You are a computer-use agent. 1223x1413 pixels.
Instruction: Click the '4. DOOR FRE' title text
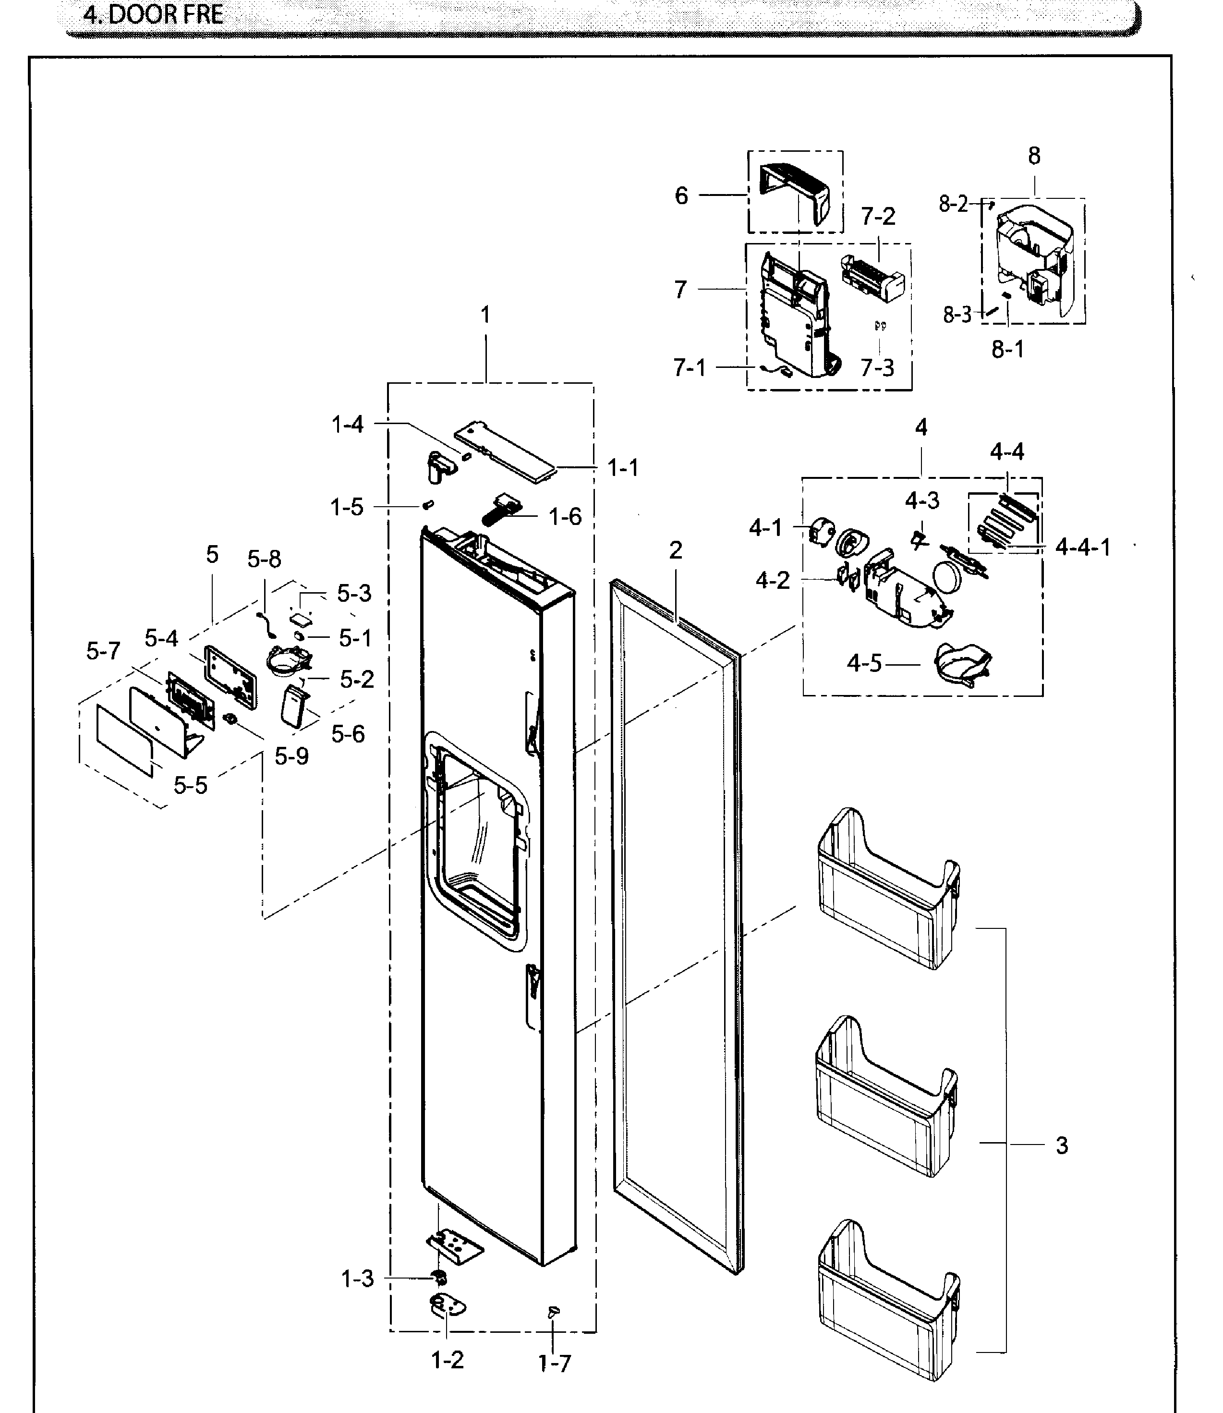point(153,15)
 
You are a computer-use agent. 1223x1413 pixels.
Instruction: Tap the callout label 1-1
point(622,468)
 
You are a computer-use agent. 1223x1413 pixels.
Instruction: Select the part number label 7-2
point(878,217)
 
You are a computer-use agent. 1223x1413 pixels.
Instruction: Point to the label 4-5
point(864,663)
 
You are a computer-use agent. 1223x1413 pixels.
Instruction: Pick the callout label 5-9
point(291,756)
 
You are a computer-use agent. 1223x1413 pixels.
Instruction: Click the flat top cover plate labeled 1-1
point(506,451)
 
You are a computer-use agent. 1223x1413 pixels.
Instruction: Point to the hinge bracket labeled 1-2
point(448,1307)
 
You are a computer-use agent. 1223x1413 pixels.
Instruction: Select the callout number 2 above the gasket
point(676,550)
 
